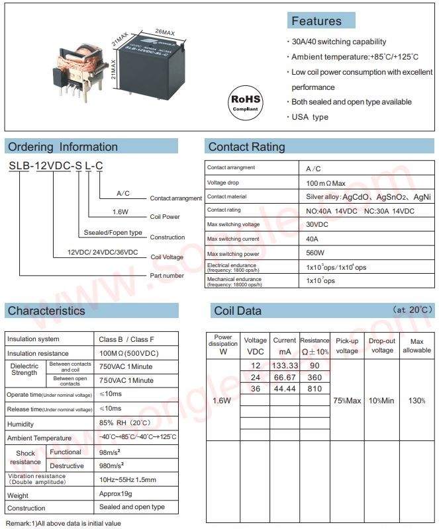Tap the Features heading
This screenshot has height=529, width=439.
click(317, 21)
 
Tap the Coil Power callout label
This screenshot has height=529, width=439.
click(166, 217)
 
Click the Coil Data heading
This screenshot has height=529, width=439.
click(238, 311)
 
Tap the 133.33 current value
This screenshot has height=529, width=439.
click(285, 366)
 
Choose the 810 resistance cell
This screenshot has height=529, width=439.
click(315, 388)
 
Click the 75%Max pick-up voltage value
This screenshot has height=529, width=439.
click(347, 401)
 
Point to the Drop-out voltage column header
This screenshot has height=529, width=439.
click(382, 345)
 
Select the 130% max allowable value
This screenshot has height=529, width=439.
click(416, 401)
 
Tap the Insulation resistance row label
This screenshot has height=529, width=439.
click(38, 353)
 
